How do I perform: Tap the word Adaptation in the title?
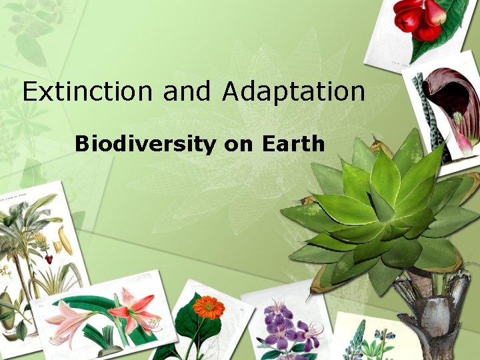(293, 92)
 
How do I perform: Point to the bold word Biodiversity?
(145, 143)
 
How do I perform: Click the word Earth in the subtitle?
(293, 143)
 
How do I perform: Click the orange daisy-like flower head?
(208, 307)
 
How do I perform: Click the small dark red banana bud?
(48, 257)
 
